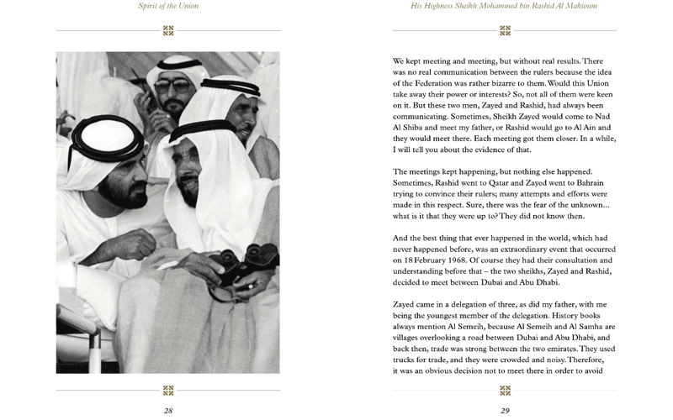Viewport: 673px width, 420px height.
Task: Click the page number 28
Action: click(168, 411)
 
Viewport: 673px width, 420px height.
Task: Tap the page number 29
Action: click(505, 411)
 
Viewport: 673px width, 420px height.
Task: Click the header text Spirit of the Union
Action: click(168, 6)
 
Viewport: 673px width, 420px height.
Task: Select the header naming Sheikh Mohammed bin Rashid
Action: click(505, 6)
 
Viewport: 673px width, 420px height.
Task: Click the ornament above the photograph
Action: click(168, 31)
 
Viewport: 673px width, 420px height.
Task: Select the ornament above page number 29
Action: click(505, 390)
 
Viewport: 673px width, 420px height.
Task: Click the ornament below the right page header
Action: click(505, 31)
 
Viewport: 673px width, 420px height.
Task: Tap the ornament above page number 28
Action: click(168, 390)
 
